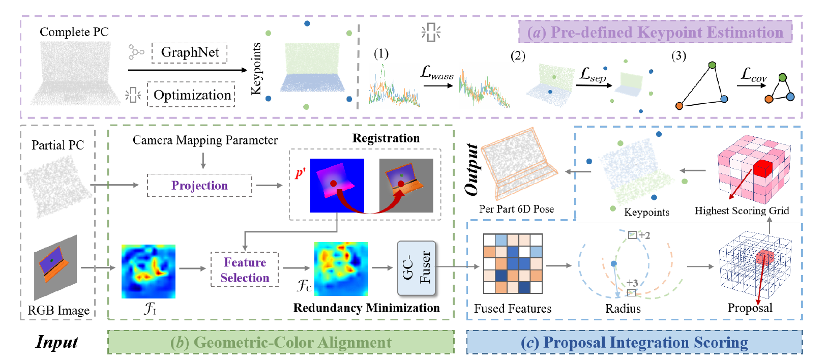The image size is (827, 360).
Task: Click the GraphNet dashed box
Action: tap(190, 53)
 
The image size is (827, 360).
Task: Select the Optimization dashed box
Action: tap(191, 95)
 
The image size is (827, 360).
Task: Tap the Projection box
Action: tap(199, 186)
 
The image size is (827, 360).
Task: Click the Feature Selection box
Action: tap(245, 270)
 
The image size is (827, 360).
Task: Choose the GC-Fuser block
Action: tap(416, 268)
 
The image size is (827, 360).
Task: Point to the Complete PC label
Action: tap(74, 32)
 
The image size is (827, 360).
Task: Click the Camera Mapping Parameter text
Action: tap(205, 140)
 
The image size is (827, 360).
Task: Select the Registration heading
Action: tap(386, 138)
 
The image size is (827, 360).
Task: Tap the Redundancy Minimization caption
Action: tap(366, 308)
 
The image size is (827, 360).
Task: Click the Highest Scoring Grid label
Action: tap(742, 211)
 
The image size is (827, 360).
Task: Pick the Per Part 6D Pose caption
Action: tap(516, 209)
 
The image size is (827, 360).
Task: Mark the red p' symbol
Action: tap(300, 173)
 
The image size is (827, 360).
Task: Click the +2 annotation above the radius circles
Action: tap(644, 235)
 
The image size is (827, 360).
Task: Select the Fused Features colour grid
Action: tap(513, 263)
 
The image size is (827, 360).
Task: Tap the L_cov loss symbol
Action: tap(753, 75)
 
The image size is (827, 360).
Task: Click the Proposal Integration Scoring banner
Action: tap(634, 343)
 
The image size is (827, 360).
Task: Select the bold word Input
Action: tap(56, 342)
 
